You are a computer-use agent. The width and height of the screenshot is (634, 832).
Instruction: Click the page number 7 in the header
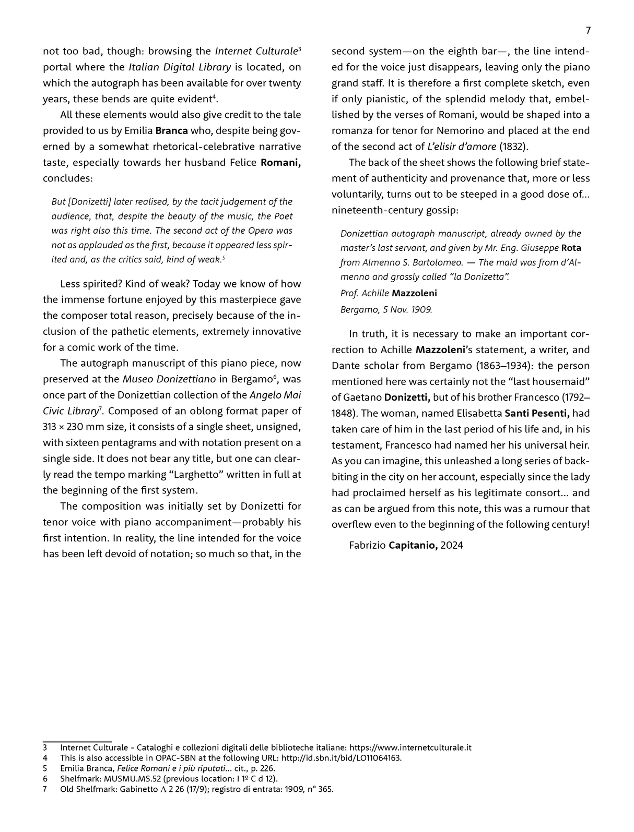tap(588, 31)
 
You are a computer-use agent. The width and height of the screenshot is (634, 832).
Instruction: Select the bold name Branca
tap(172, 130)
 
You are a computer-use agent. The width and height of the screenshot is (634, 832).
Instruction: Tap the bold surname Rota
tap(571, 248)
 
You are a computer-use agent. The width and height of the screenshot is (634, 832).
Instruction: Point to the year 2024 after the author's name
tap(451, 546)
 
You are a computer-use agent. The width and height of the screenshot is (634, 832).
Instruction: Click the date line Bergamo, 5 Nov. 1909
tap(386, 309)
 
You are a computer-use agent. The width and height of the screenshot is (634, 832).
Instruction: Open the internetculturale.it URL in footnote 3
tap(410, 747)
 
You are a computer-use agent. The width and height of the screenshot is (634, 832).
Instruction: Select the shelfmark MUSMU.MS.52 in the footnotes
tap(132, 779)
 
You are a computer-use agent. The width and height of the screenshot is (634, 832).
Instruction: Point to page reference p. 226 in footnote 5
tap(264, 768)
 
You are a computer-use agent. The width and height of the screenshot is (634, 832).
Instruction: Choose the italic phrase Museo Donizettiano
tap(169, 379)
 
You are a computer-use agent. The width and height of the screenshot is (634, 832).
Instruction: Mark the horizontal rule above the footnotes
tap(77, 741)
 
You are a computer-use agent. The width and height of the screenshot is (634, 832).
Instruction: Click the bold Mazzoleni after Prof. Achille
tap(414, 293)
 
